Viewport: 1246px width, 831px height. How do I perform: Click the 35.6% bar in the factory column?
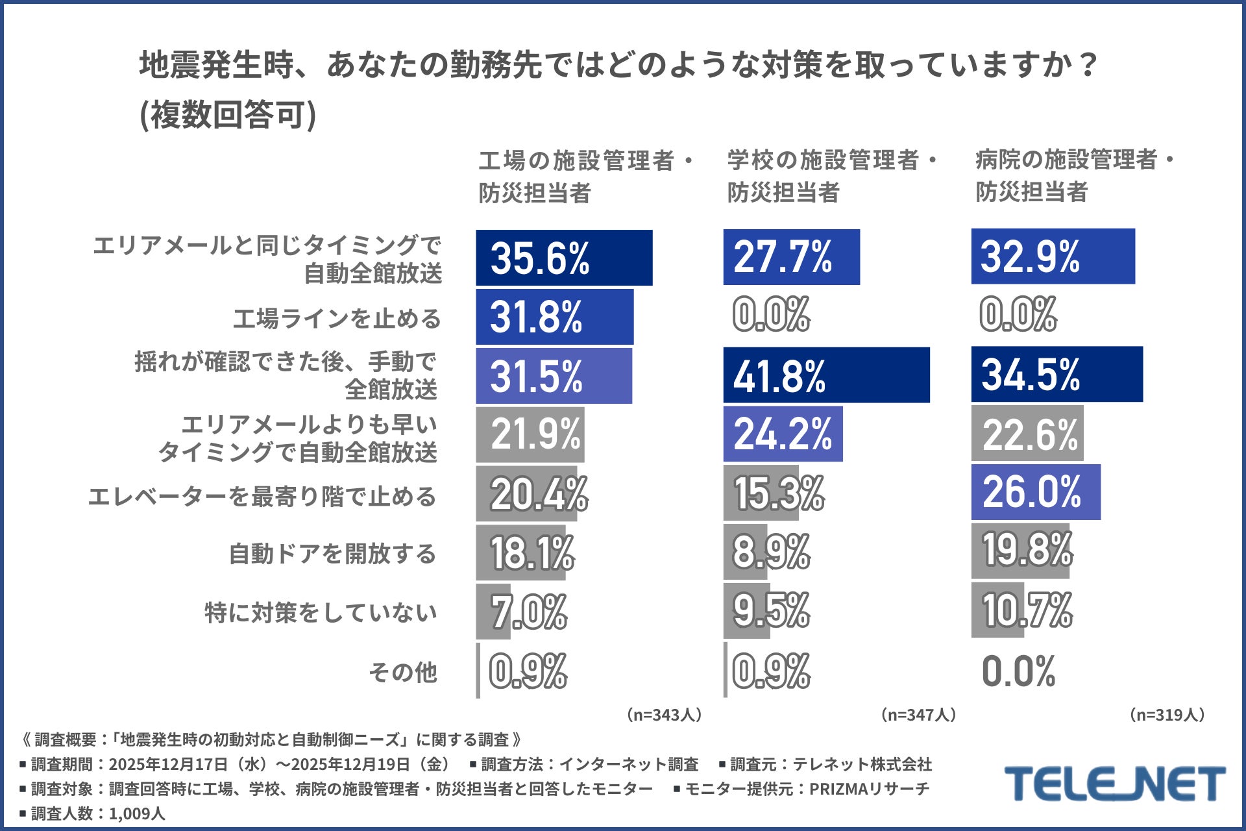coord(563,258)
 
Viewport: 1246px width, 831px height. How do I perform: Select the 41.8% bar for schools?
coord(825,375)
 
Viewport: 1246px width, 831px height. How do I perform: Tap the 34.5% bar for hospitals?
coord(1057,374)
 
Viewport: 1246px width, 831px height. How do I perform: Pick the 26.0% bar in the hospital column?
coord(1035,492)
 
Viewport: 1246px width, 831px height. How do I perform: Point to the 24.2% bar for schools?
coord(783,434)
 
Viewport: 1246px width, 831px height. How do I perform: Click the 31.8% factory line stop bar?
coord(554,317)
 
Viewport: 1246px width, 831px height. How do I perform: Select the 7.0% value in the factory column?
coord(528,612)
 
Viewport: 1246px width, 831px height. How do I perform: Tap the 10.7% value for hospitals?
coord(1027,610)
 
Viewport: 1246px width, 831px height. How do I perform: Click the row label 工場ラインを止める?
coord(337,319)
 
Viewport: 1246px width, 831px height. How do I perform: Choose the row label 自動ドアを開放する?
coord(332,554)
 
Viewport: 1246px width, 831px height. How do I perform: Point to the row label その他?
coord(403,672)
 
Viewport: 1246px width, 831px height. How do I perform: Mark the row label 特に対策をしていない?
coord(321,612)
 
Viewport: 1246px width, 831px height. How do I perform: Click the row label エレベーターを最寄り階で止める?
coord(262,497)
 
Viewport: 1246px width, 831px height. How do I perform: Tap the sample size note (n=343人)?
coord(664,715)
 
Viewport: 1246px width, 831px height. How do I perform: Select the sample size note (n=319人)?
coord(1167,715)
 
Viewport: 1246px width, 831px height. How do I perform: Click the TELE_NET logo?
coord(1114,784)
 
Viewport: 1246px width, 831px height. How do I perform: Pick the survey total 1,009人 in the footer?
coord(137,813)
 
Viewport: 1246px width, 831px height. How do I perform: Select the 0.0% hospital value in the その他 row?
coord(1018,671)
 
